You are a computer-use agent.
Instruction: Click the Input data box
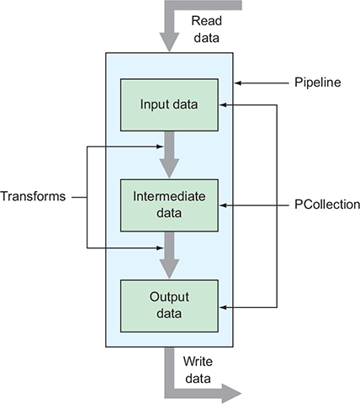pyautogui.click(x=169, y=105)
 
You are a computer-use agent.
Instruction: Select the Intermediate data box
pyautogui.click(x=169, y=205)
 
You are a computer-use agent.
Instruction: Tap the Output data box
pyautogui.click(x=169, y=306)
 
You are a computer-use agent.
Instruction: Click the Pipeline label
pyautogui.click(x=318, y=82)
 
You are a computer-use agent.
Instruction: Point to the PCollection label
pyautogui.click(x=327, y=205)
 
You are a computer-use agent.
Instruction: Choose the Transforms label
pyautogui.click(x=33, y=196)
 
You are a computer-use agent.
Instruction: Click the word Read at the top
pyautogui.click(x=207, y=21)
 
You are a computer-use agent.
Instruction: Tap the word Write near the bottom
pyautogui.click(x=198, y=361)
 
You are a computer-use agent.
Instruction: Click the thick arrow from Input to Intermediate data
pyautogui.click(x=169, y=155)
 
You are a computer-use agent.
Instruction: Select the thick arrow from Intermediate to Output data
pyautogui.click(x=169, y=256)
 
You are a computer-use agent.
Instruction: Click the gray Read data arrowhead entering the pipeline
pyautogui.click(x=169, y=42)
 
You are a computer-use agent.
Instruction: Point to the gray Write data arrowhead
pyautogui.click(x=231, y=393)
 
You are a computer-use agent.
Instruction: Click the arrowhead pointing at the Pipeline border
pyautogui.click(x=238, y=83)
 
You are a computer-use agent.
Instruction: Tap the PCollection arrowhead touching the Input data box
pyautogui.click(x=223, y=105)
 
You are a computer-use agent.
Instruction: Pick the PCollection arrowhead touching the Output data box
pyautogui.click(x=223, y=307)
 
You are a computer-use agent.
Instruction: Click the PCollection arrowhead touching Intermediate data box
pyautogui.click(x=223, y=205)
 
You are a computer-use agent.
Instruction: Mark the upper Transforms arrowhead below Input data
pyautogui.click(x=160, y=146)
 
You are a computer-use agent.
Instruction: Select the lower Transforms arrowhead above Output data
pyautogui.click(x=160, y=248)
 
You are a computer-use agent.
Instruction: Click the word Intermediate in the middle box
pyautogui.click(x=169, y=196)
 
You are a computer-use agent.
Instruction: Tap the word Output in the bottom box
pyautogui.click(x=169, y=297)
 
